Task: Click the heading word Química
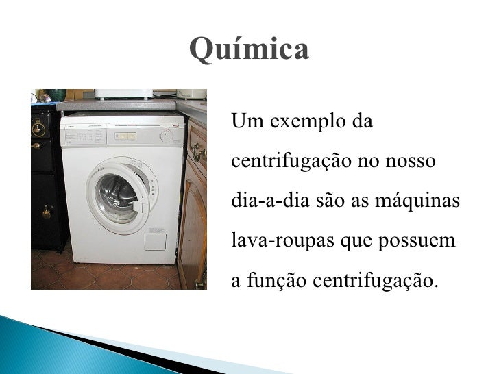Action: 249,49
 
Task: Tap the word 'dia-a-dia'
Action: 263,202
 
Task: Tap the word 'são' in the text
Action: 330,202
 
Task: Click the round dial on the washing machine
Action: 167,136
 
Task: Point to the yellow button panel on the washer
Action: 124,136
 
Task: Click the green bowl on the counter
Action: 54,95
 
